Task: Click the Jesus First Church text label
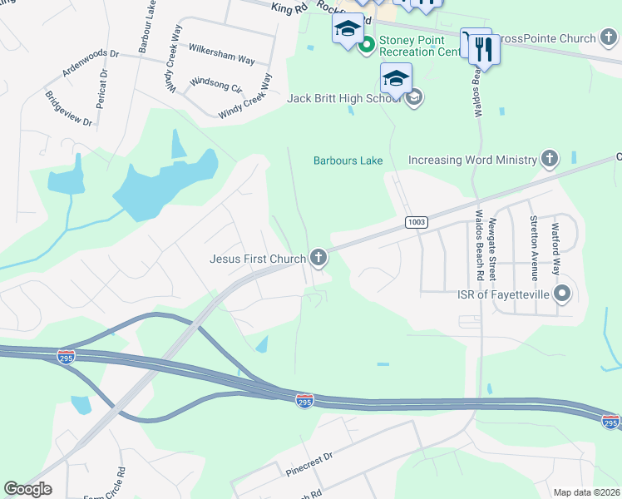(258, 259)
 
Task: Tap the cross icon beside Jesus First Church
(318, 259)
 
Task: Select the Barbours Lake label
(348, 161)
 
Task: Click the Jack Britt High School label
(344, 98)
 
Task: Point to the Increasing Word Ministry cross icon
(549, 158)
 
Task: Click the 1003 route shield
(417, 222)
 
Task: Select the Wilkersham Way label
(222, 53)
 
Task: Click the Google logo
(28, 489)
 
